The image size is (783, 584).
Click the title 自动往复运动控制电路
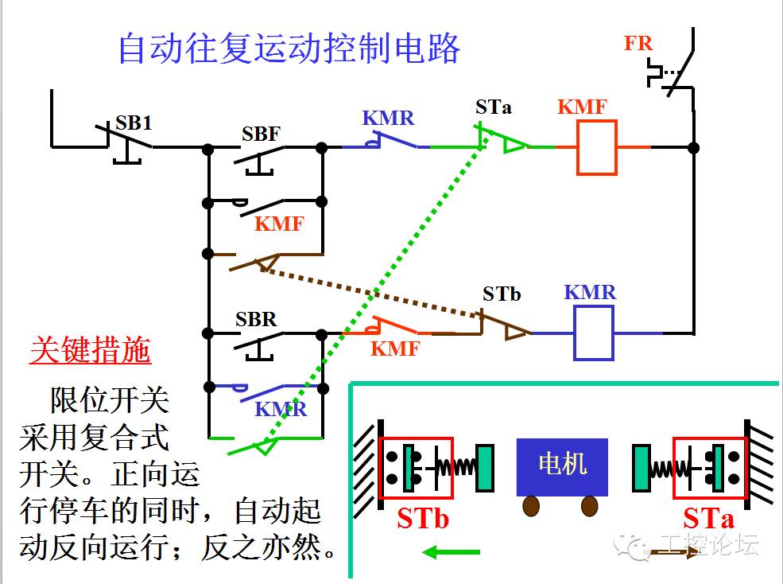289,49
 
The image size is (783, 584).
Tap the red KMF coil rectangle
597,147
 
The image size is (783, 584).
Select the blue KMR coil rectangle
594,333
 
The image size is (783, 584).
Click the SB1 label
134,123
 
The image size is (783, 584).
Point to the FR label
638,43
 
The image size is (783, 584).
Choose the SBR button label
256,320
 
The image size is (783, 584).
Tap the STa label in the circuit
494,107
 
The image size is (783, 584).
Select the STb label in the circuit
502,294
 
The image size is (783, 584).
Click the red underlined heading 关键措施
90,350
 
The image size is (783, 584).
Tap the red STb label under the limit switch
423,520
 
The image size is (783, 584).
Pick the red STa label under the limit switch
708,520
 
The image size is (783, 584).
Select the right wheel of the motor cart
589,506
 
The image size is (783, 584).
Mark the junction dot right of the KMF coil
693,147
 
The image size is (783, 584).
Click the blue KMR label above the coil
590,292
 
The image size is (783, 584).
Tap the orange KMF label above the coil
582,107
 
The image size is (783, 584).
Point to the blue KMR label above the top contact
388,118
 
